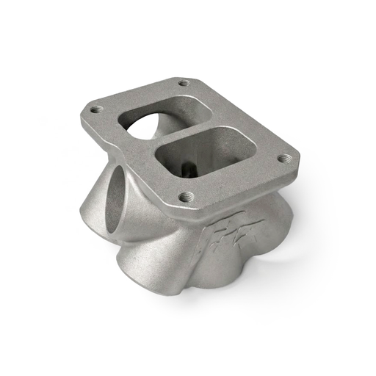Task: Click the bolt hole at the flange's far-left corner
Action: point(96,109)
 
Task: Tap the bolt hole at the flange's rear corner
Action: point(183,83)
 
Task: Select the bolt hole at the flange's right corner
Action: point(283,158)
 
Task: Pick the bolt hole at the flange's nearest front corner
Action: point(187,196)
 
